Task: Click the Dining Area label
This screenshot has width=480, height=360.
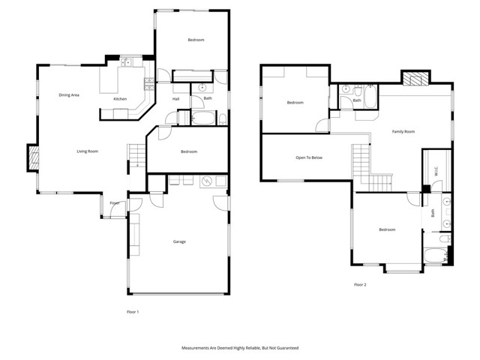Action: [70, 95]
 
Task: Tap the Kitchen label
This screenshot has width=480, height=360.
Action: [120, 100]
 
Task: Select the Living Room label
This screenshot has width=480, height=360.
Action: [87, 151]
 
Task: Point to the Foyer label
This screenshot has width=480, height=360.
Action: [115, 203]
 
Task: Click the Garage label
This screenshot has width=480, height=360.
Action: [179, 241]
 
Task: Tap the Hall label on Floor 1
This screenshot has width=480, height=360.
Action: [175, 99]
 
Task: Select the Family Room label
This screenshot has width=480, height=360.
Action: [403, 132]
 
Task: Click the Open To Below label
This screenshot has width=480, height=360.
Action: [309, 157]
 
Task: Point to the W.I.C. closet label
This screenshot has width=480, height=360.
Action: [436, 172]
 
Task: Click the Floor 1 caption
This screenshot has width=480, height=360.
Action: [133, 311]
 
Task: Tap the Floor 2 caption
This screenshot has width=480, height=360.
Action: [361, 284]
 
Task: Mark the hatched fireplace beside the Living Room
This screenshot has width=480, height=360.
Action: [32, 157]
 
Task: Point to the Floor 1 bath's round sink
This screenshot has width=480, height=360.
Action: [201, 88]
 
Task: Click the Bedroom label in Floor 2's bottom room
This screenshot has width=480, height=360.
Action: [387, 229]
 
